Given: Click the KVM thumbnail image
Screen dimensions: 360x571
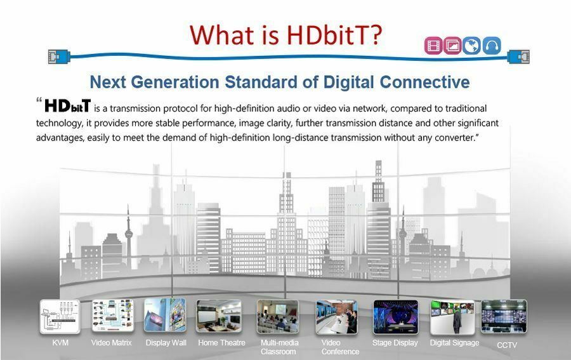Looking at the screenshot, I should pos(60,317).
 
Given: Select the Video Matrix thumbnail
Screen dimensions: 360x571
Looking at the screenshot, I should pos(112,317).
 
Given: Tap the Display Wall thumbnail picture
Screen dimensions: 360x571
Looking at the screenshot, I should pos(165,316).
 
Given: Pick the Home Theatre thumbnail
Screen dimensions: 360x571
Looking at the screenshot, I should pos(218,316).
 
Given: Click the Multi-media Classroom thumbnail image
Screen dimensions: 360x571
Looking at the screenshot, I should pos(277,316).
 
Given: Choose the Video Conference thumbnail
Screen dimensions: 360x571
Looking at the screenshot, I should pos(336,317).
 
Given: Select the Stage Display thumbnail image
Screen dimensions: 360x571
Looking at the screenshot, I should pos(394,316).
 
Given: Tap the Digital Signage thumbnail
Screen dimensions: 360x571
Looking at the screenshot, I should pos(452,317).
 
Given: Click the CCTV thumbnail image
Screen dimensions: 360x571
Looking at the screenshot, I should pos(504,316).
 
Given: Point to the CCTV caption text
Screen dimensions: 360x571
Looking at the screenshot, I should pos(507,345).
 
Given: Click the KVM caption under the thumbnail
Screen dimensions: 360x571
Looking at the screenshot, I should pos(60,343).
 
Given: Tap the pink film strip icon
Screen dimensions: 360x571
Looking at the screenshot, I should pos(433,46).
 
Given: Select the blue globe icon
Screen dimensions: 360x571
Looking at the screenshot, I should pos(472,46).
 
